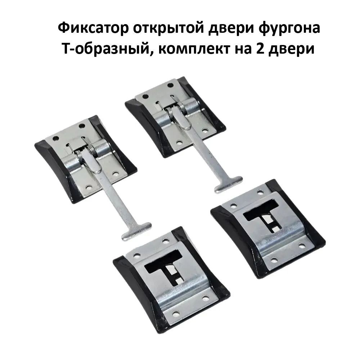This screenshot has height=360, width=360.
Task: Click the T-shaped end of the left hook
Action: [136, 231]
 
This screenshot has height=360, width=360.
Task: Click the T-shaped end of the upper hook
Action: [228, 184]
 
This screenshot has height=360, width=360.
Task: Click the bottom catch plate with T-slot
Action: [171, 280]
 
